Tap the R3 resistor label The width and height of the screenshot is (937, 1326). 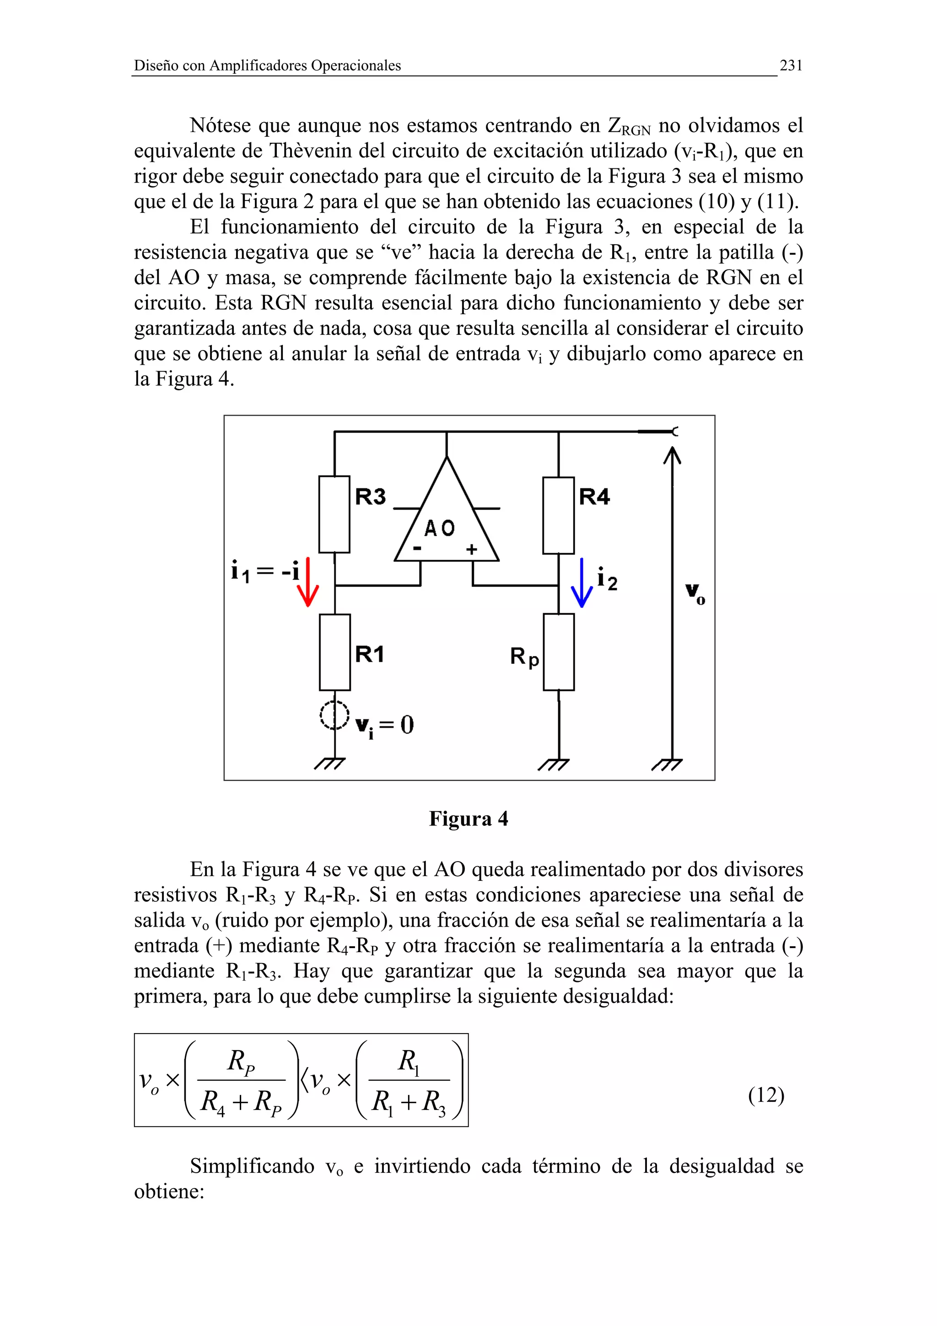coord(370,496)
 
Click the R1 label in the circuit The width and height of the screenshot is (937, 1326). coord(370,654)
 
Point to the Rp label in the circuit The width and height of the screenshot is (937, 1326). coord(524,657)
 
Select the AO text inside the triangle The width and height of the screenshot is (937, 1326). coord(440,528)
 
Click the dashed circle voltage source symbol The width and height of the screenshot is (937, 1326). coord(334,715)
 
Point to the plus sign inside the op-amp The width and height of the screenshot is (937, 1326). coord(472,549)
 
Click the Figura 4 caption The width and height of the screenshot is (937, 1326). coord(468,819)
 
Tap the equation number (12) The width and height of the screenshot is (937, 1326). coord(765,1094)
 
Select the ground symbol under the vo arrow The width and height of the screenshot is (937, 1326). coord(668,765)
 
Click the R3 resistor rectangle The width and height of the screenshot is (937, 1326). coord(334,514)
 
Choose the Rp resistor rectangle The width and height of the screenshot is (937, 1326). coord(558,652)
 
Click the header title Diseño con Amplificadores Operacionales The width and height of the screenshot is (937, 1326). coord(267,66)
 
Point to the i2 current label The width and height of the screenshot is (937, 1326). coord(607,579)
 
